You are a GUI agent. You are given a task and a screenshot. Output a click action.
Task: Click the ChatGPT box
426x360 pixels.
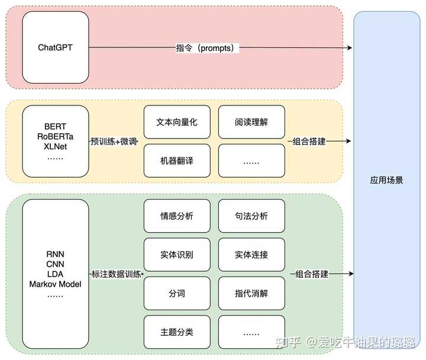tap(55, 47)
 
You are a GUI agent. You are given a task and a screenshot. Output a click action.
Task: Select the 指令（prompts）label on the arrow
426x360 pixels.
tap(205, 47)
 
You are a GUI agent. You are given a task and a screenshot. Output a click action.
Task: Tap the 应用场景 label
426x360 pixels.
tap(386, 179)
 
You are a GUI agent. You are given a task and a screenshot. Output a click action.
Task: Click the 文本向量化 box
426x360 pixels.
tap(176, 122)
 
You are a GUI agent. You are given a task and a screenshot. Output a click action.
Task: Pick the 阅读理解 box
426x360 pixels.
tap(251, 122)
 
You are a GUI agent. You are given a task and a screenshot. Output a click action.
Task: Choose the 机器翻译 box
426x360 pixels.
tap(176, 160)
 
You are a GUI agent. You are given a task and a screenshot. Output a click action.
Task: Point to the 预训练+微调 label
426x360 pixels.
tap(114, 142)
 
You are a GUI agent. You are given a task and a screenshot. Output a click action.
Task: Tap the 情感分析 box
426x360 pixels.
tap(176, 216)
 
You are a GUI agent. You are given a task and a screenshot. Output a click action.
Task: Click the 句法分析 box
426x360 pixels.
tap(251, 216)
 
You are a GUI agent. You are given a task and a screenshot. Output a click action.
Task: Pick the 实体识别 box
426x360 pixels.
tap(176, 255)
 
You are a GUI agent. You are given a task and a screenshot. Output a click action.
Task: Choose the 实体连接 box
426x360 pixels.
tap(251, 255)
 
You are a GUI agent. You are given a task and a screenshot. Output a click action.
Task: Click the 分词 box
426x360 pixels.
tap(176, 293)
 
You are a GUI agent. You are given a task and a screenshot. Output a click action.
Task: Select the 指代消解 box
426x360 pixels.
tap(251, 293)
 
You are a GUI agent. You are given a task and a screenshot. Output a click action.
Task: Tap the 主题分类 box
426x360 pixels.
tap(176, 332)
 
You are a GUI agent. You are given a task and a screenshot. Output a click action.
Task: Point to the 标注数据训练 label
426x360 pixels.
tap(116, 275)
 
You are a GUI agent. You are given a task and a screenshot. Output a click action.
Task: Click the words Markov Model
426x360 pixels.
tap(55, 284)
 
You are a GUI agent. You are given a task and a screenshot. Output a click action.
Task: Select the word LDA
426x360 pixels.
tap(55, 274)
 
